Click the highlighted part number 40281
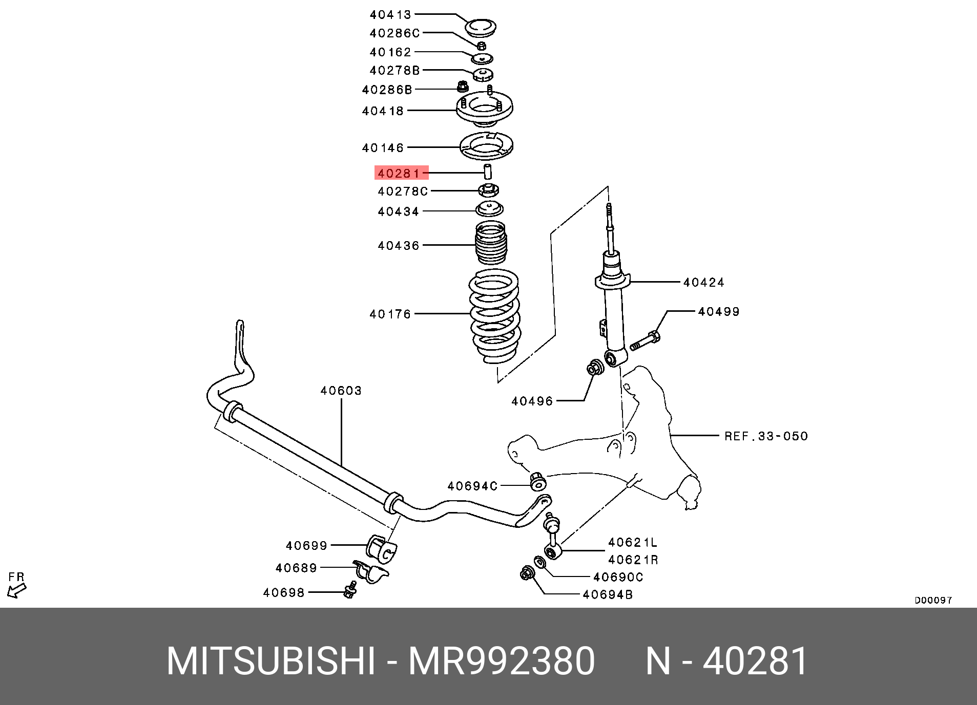tap(399, 173)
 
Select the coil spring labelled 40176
tap(494, 315)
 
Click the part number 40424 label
tap(703, 282)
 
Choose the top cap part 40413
tap(481, 27)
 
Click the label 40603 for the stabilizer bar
tap(341, 391)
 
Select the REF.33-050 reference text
tap(766, 436)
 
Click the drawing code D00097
tap(933, 600)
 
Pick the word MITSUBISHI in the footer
tap(271, 661)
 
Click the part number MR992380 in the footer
tap(501, 661)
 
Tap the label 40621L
tap(632, 542)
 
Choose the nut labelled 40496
tap(595, 367)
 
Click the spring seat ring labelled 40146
tap(486, 146)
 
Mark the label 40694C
tap(472, 486)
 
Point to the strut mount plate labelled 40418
tap(484, 108)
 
